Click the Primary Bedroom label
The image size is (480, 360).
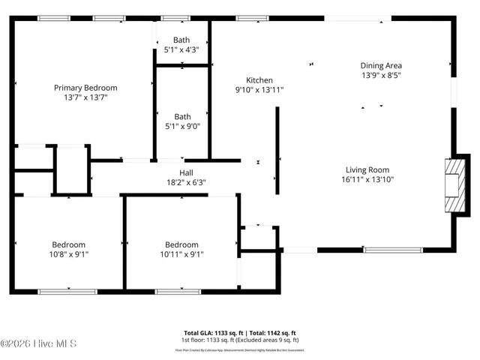point(85,88)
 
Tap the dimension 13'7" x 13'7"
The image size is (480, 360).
point(85,97)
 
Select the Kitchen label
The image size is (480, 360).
point(259,80)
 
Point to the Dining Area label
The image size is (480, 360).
point(381,66)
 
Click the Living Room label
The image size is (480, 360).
point(367,169)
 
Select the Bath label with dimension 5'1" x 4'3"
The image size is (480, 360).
point(182,40)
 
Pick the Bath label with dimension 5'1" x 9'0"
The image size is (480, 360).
point(182,116)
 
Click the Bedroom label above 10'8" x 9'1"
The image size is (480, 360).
point(68,244)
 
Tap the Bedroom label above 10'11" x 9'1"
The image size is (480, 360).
point(181,244)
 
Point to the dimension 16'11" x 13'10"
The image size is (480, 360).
point(367,179)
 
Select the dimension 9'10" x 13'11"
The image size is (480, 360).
point(259,90)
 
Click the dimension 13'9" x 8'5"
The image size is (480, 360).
point(381,75)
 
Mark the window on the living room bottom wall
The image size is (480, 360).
point(392,249)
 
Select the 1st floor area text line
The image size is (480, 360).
point(240,340)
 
